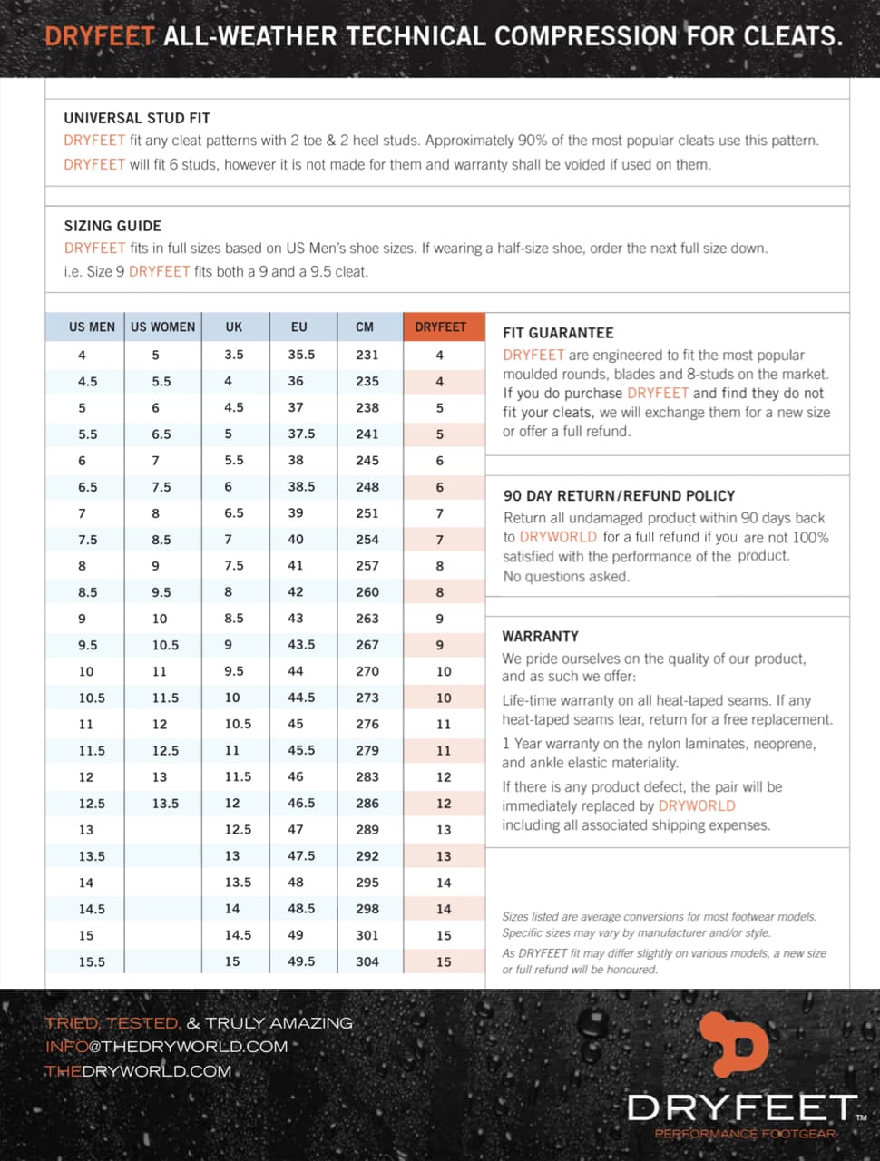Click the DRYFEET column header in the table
440,327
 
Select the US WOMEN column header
162,327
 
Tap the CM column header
365,327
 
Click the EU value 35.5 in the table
301,355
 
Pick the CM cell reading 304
367,961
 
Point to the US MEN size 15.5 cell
92,961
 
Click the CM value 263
367,619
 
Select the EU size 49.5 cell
301,961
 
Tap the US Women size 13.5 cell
165,804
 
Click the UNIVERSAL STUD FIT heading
137,118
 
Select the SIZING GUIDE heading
112,226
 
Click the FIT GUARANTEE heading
558,333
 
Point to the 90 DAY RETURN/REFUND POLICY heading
619,496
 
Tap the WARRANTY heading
540,637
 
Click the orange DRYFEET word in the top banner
100,36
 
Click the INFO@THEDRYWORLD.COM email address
166,1047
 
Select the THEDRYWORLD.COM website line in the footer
138,1071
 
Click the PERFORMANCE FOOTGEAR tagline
745,1134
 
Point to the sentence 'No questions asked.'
566,577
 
